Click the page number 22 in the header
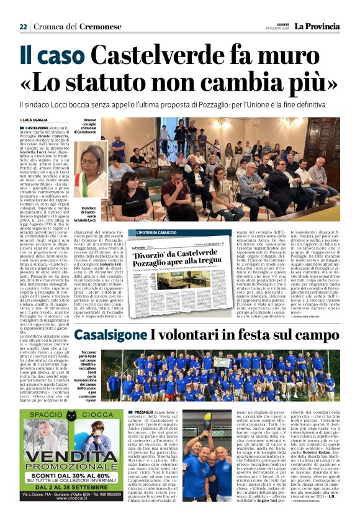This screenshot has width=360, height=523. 23,27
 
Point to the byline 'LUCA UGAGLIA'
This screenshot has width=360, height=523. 37,119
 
